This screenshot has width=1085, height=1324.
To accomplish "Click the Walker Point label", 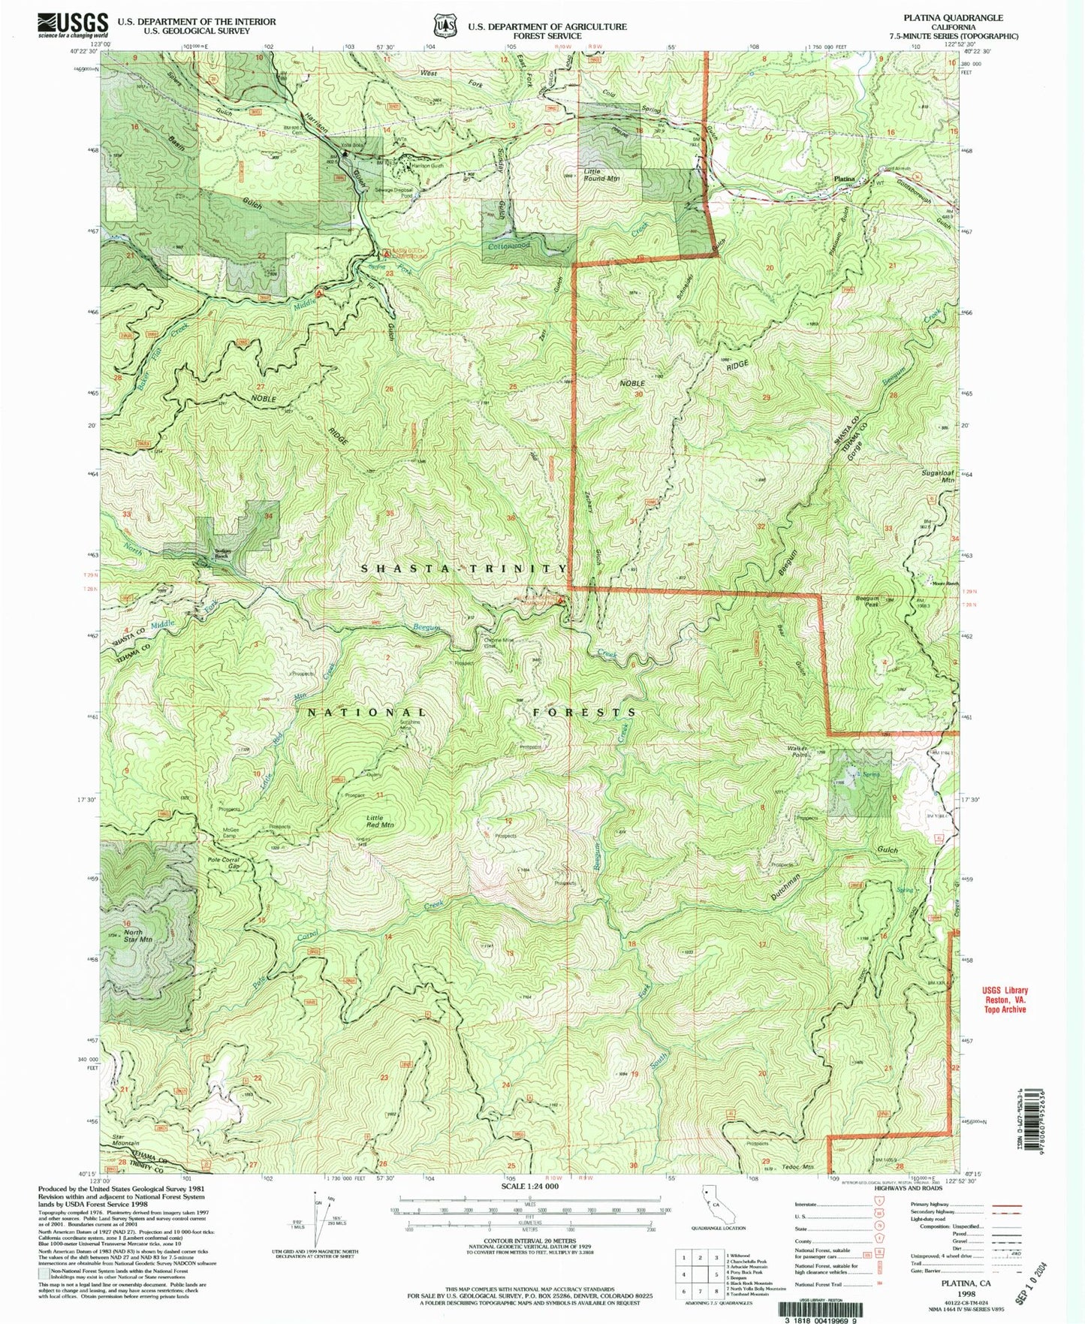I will pos(796,752).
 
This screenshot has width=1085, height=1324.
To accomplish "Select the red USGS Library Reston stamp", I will pos(1002,1000).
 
